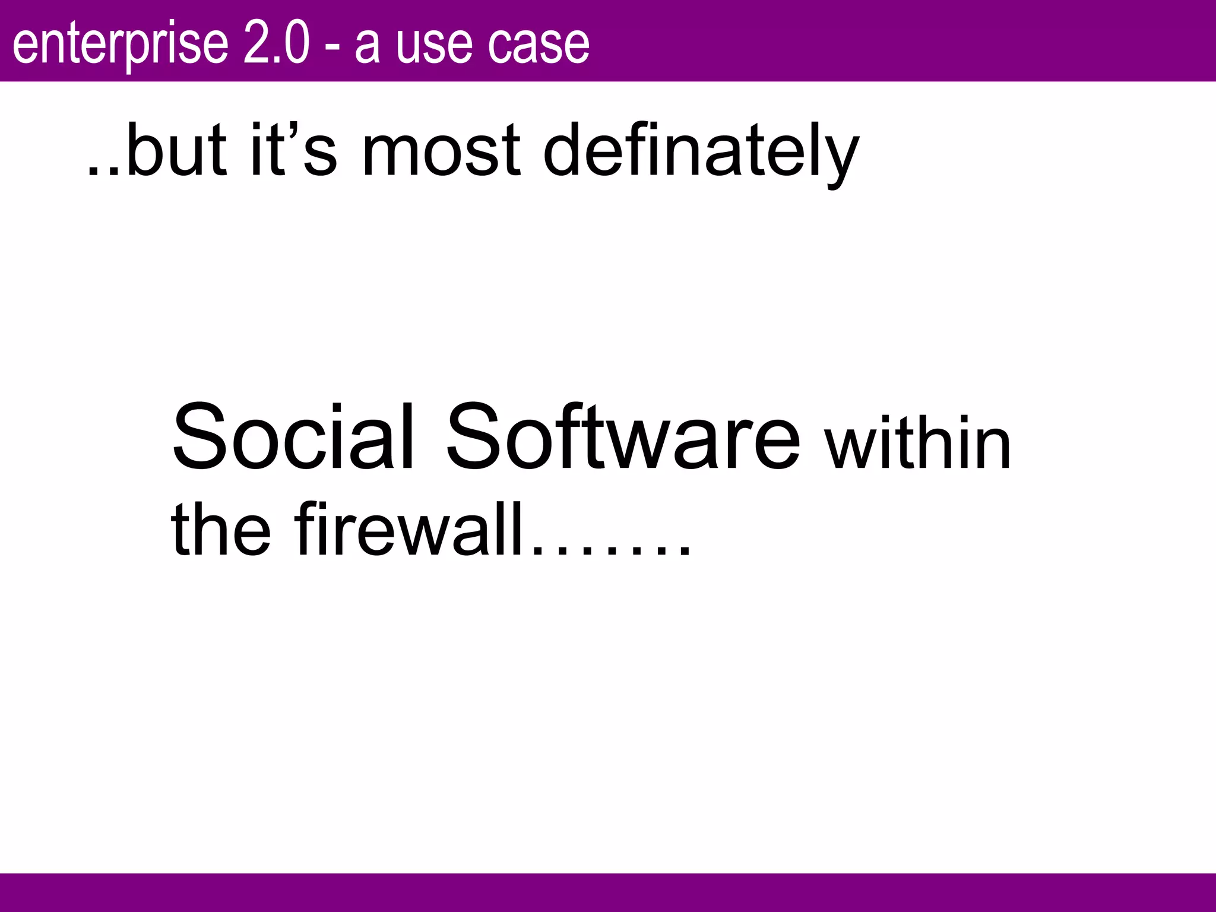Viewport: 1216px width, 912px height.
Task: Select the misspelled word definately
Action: click(701, 151)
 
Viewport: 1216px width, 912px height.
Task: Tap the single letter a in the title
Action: click(367, 47)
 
